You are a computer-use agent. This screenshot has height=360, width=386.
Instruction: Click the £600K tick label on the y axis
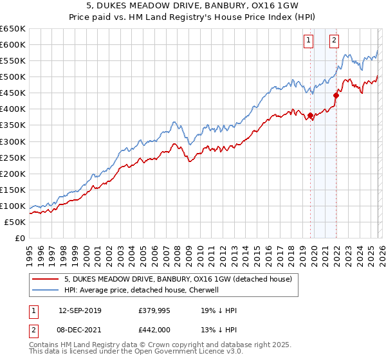point(13,44)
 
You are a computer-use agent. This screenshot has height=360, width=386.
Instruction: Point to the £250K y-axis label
point(13,157)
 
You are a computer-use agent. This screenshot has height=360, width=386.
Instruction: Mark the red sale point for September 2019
point(310,116)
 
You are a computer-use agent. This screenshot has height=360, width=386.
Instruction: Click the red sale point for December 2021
point(336,96)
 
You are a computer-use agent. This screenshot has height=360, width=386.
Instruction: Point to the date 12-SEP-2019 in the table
point(80,310)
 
